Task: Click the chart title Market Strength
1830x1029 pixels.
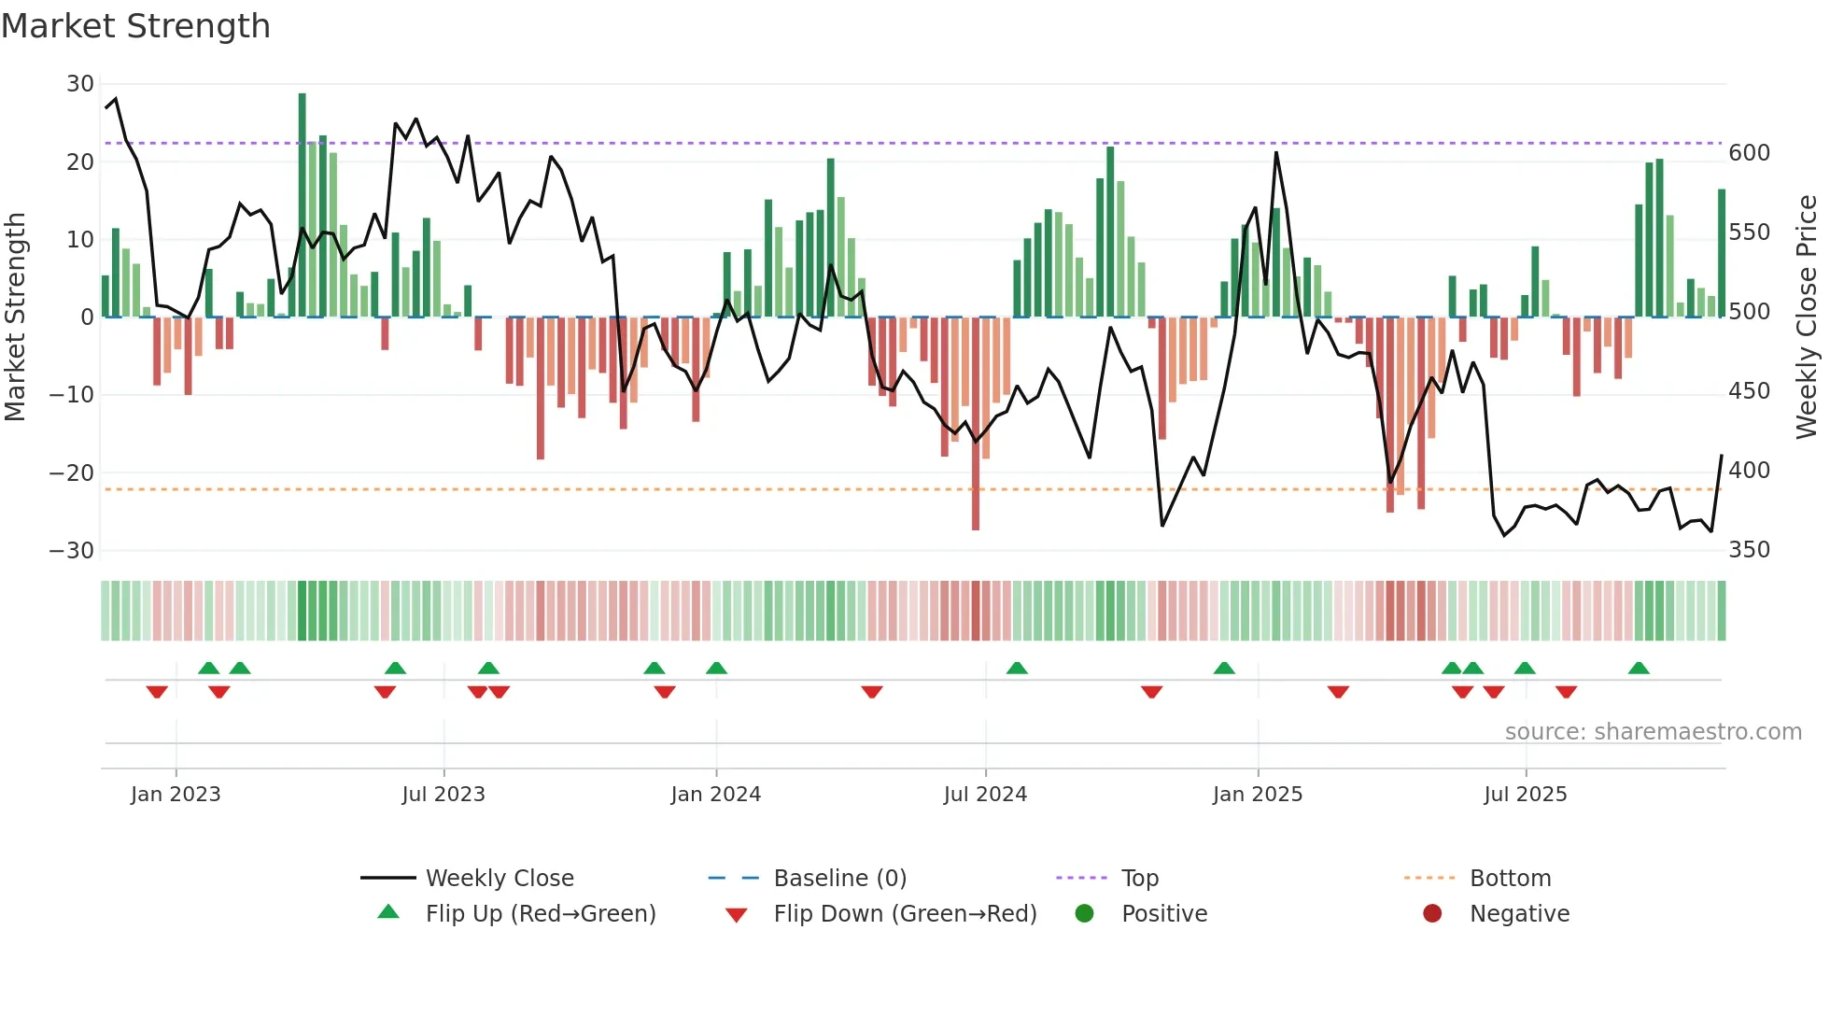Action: click(136, 26)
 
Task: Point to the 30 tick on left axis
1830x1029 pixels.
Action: click(80, 84)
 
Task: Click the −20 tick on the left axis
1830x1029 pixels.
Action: click(72, 472)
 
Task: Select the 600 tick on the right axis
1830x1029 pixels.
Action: click(1749, 153)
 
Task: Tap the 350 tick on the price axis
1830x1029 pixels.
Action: click(1749, 550)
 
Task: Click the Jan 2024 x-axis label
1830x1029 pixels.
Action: click(715, 795)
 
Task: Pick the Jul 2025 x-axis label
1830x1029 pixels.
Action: click(1525, 795)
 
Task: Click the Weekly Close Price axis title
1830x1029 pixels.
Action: click(1807, 317)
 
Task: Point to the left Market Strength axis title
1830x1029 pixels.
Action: click(15, 317)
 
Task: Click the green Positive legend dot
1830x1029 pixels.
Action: click(1084, 914)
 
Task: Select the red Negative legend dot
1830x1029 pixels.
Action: click(1432, 914)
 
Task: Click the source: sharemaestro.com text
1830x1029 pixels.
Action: click(1653, 732)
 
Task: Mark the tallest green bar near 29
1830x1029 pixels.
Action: click(302, 205)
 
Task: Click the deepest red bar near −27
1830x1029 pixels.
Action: click(976, 424)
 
